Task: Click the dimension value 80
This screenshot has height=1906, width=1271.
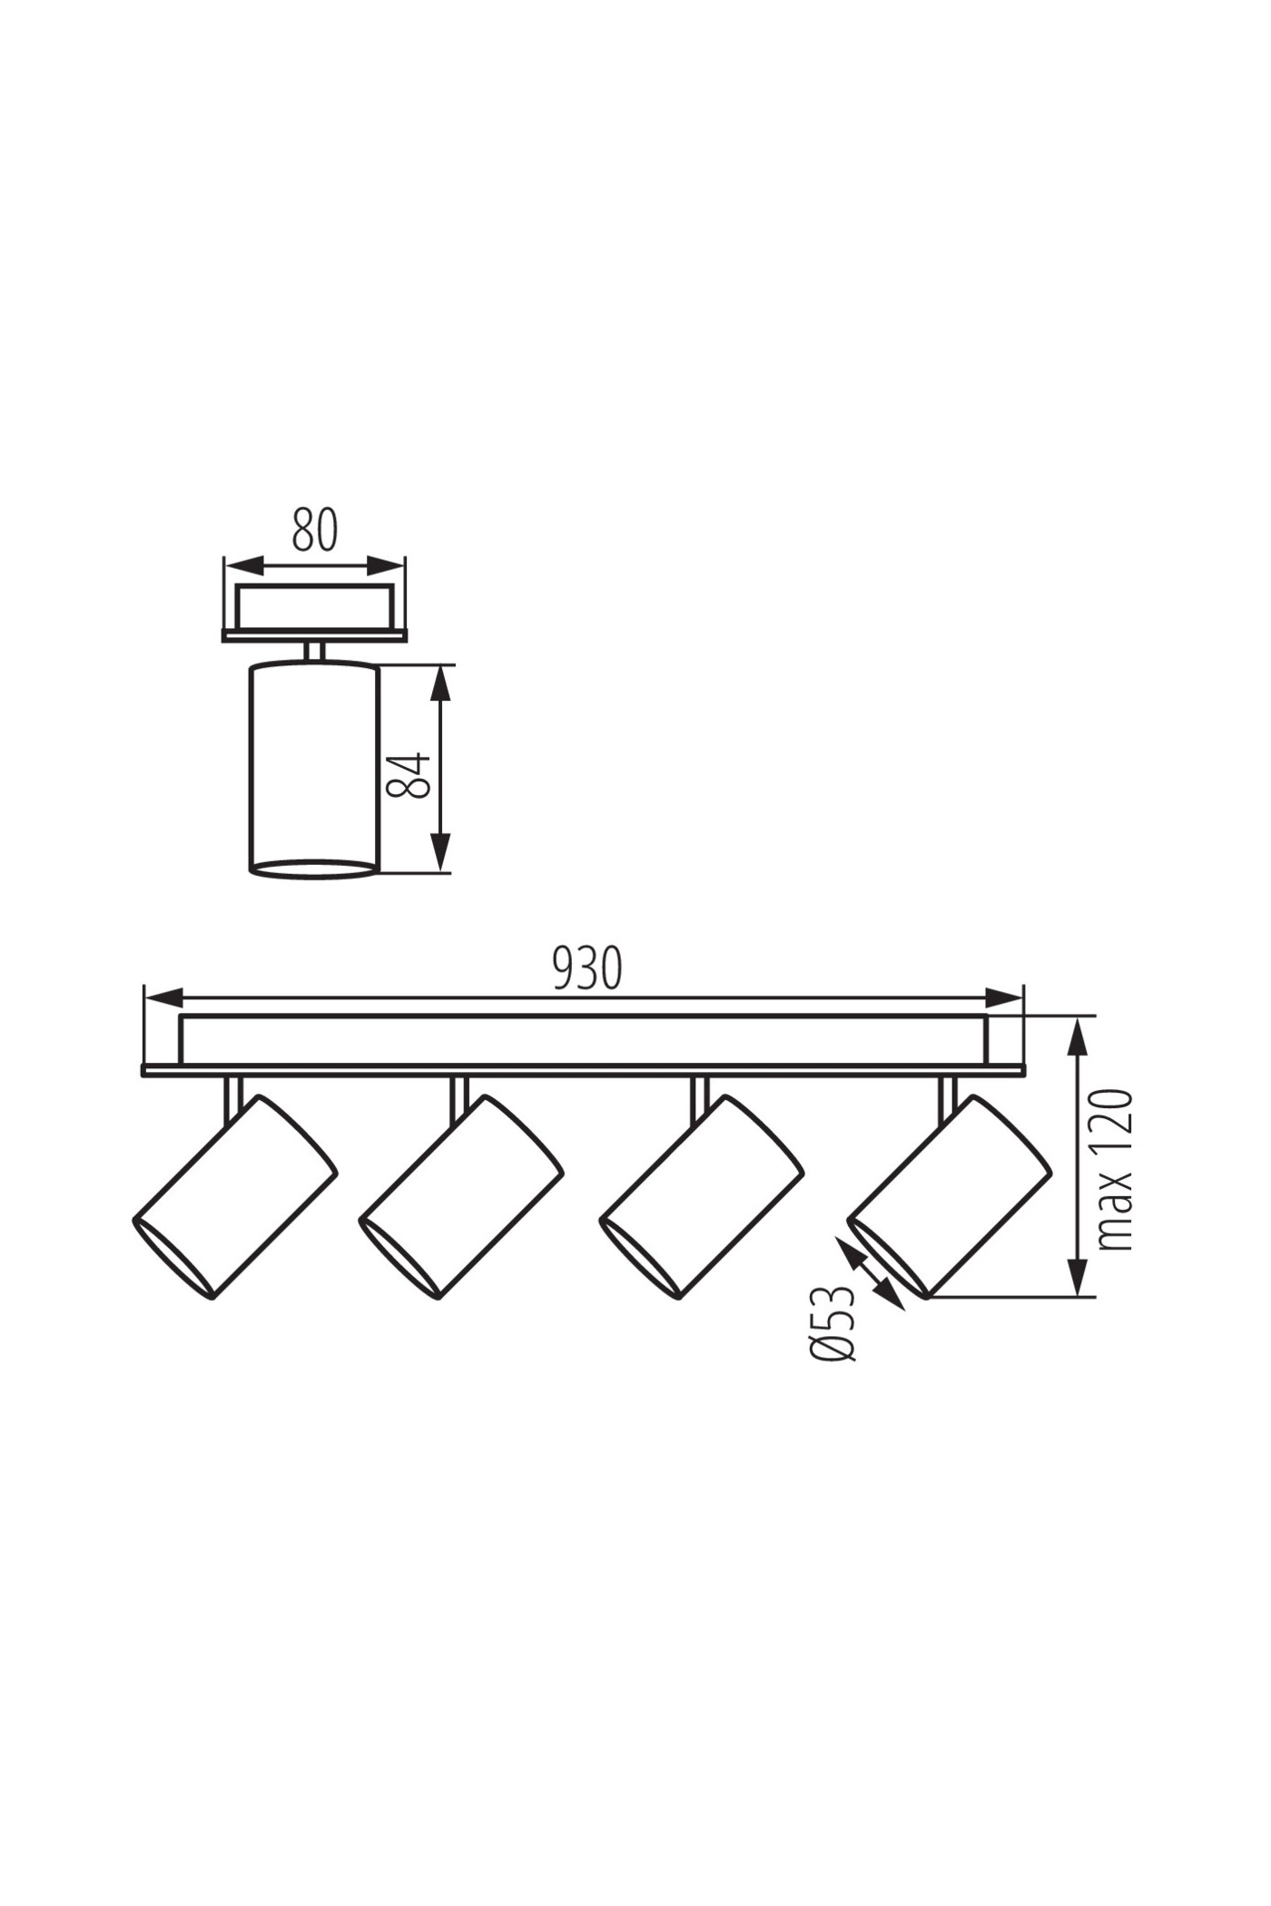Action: (315, 531)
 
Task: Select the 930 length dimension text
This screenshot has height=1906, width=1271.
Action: (587, 968)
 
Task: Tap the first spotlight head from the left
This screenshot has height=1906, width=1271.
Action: (235, 1197)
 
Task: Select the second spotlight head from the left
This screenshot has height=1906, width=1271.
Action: (461, 1197)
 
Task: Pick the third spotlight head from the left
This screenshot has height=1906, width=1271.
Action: (701, 1197)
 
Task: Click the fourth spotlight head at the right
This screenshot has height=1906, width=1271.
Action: (949, 1197)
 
